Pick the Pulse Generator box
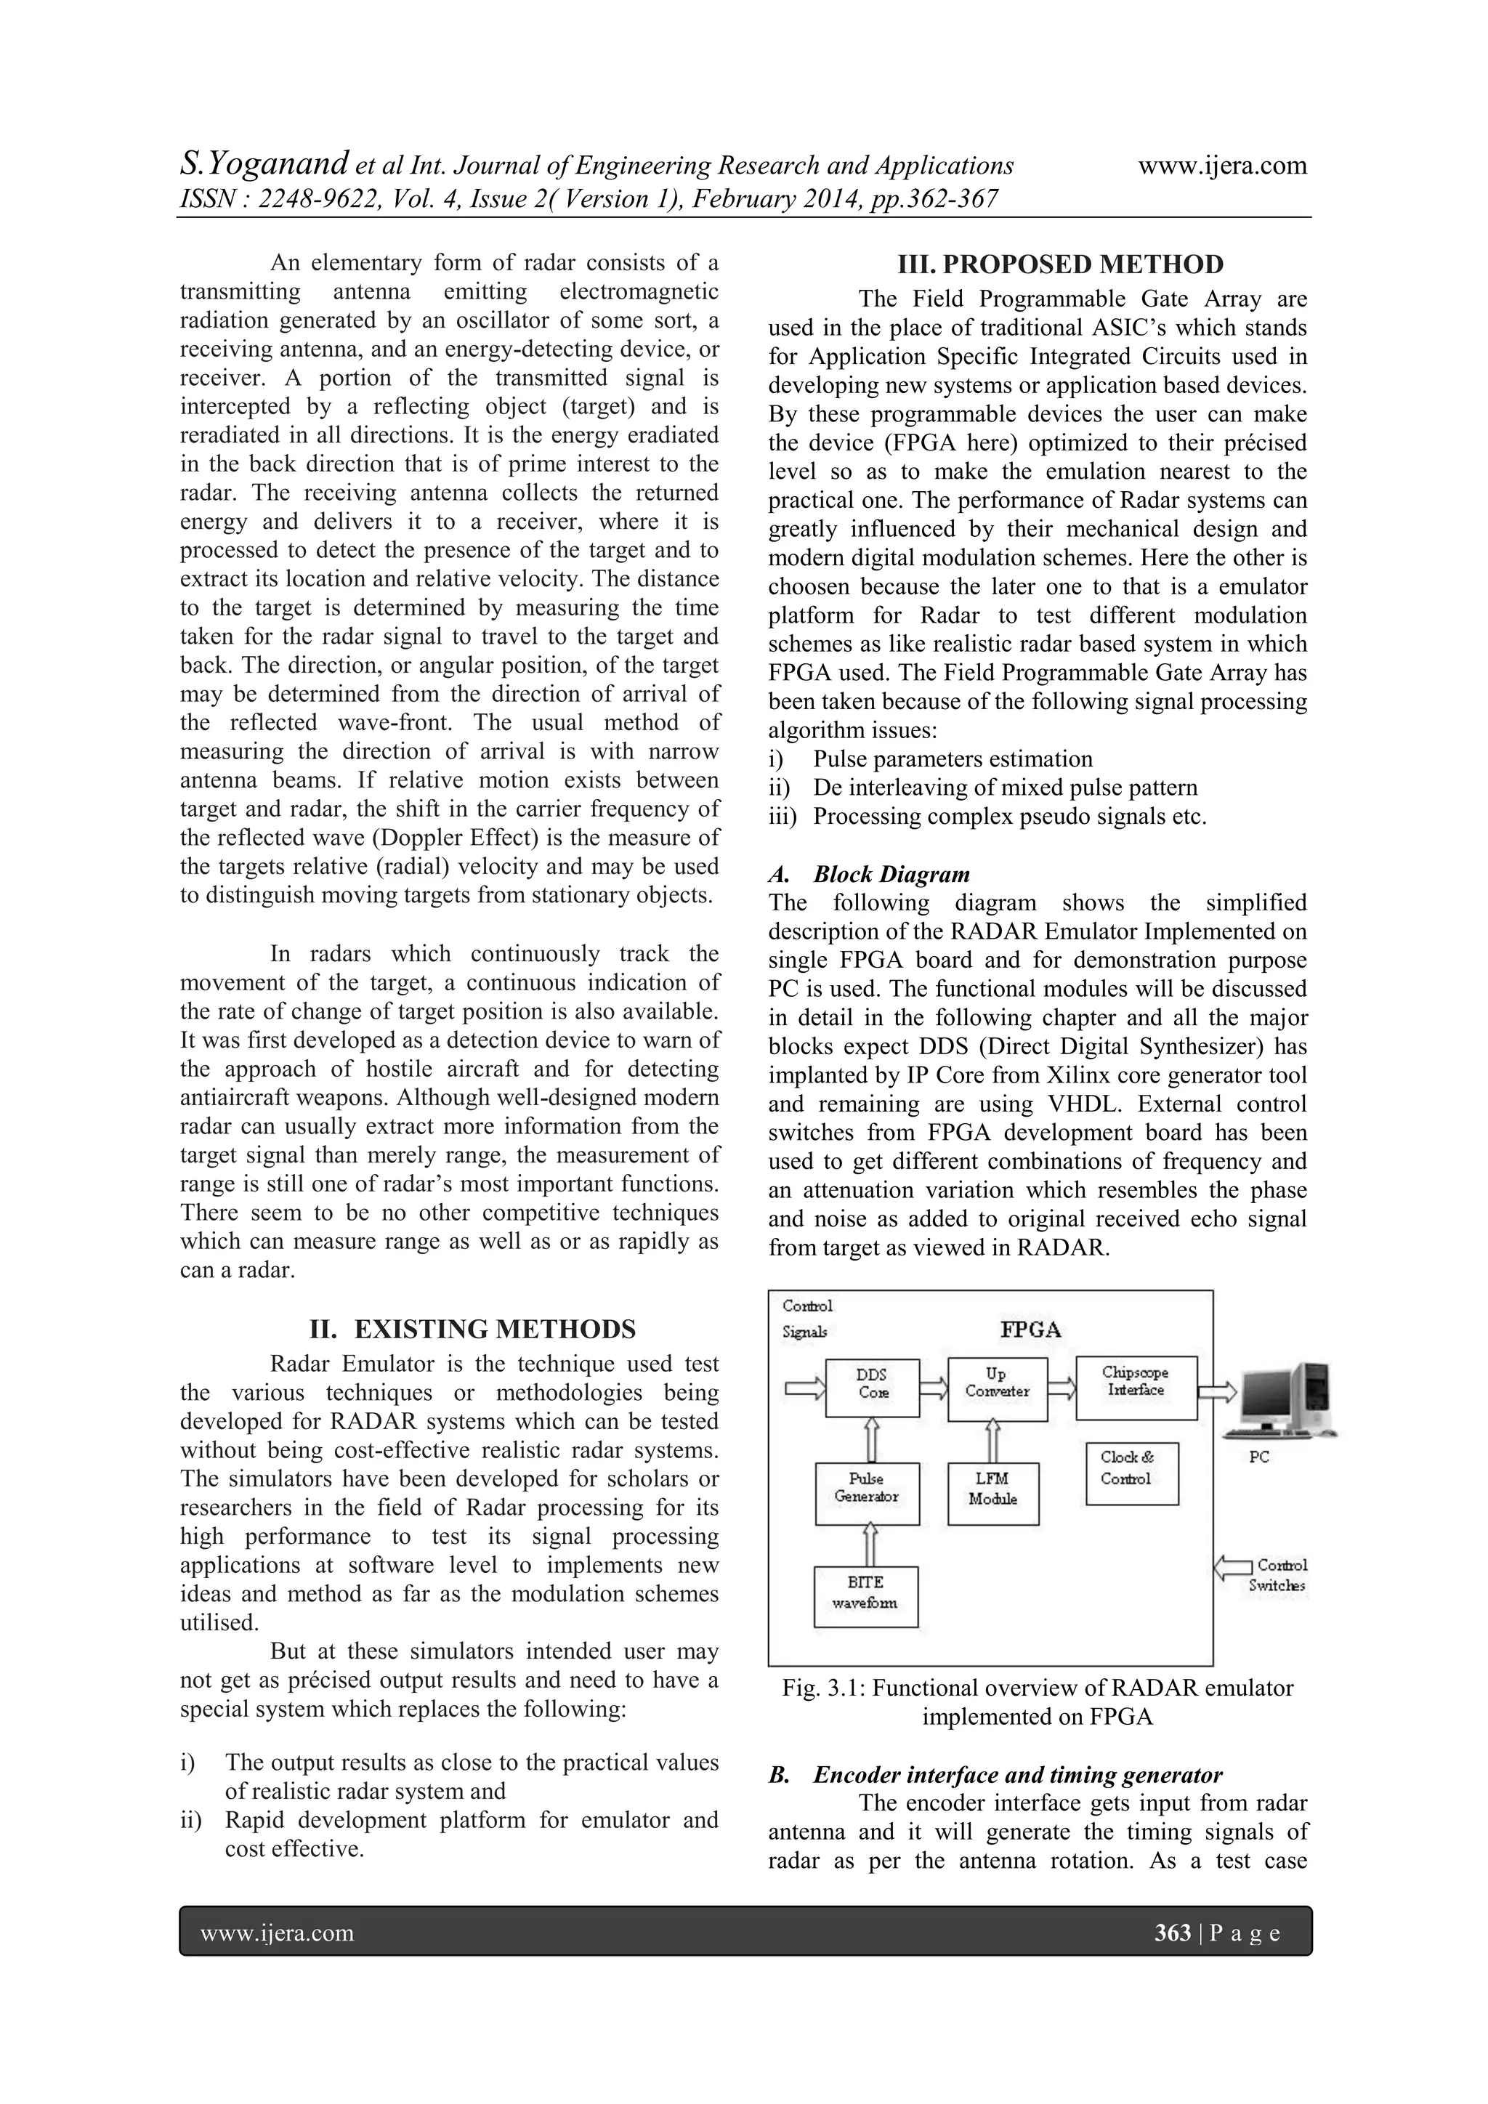coord(867,1493)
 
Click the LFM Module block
coord(993,1493)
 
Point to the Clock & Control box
coord(1131,1473)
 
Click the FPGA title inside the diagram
coord(1031,1330)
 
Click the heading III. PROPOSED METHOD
coord(1060,265)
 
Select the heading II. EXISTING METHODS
coord(472,1329)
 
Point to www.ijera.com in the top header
coord(1222,166)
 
